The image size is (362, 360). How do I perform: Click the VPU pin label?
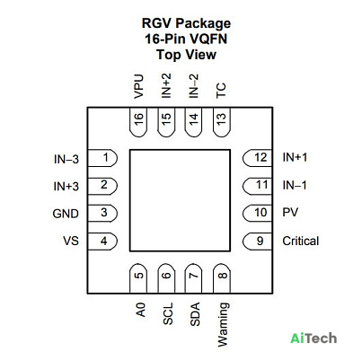coord(138,86)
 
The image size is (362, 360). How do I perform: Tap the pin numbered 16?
coord(138,122)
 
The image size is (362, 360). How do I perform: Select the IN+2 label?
coord(166,85)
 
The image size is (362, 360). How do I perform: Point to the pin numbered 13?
coord(222,122)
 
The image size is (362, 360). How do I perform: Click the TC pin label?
coord(221,91)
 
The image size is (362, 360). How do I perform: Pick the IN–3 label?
coord(66,159)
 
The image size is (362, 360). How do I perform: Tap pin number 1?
coord(102,158)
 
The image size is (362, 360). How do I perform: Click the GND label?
coord(66,214)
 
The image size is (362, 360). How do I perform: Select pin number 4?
coord(102,241)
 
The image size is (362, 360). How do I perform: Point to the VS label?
coord(71,241)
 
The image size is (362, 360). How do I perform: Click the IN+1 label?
coord(295,157)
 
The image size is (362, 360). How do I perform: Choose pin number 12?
coord(257,158)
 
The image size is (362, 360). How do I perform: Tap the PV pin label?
coord(290,212)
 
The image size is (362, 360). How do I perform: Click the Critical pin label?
coord(301,241)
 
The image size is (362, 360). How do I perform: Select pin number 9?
coord(257,241)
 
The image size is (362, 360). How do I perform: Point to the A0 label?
coord(140,310)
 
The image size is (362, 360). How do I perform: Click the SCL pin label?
coord(168,313)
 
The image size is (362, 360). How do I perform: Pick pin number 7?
coord(194,278)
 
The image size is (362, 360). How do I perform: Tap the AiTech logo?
coord(313,338)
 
